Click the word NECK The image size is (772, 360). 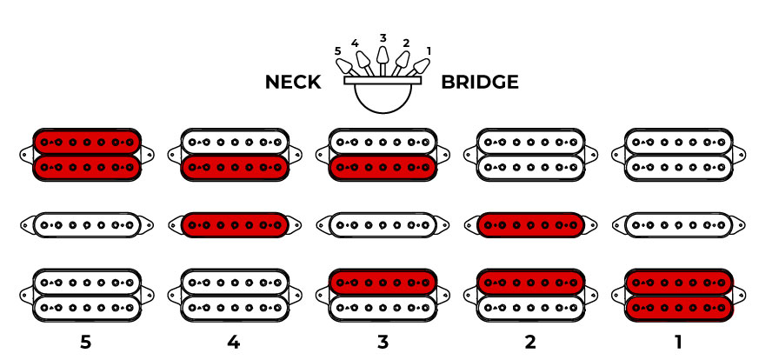pyautogui.click(x=293, y=83)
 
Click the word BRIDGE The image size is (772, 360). pyautogui.click(x=480, y=83)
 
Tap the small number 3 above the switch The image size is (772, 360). pyautogui.click(x=383, y=37)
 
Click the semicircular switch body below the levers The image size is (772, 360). pyautogui.click(x=383, y=98)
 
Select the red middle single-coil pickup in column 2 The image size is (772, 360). pyautogui.click(x=530, y=224)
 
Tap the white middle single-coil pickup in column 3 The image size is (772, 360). pyautogui.click(x=383, y=224)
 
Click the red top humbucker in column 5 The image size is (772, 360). pyautogui.click(x=86, y=153)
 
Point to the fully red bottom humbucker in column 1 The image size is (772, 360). pyautogui.click(x=678, y=296)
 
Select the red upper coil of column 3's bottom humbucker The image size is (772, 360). pyautogui.click(x=383, y=283)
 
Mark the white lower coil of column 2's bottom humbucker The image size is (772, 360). pyautogui.click(x=530, y=309)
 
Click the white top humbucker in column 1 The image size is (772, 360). pyautogui.click(x=678, y=153)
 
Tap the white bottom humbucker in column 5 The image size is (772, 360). pyautogui.click(x=86, y=296)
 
